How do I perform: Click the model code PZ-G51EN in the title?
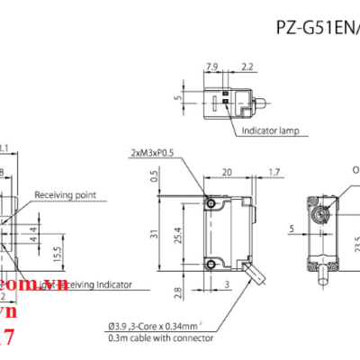click(x=315, y=27)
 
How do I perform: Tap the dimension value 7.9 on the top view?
click(x=213, y=67)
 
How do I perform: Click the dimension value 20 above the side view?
click(x=227, y=170)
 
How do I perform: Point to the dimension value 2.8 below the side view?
click(x=155, y=292)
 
